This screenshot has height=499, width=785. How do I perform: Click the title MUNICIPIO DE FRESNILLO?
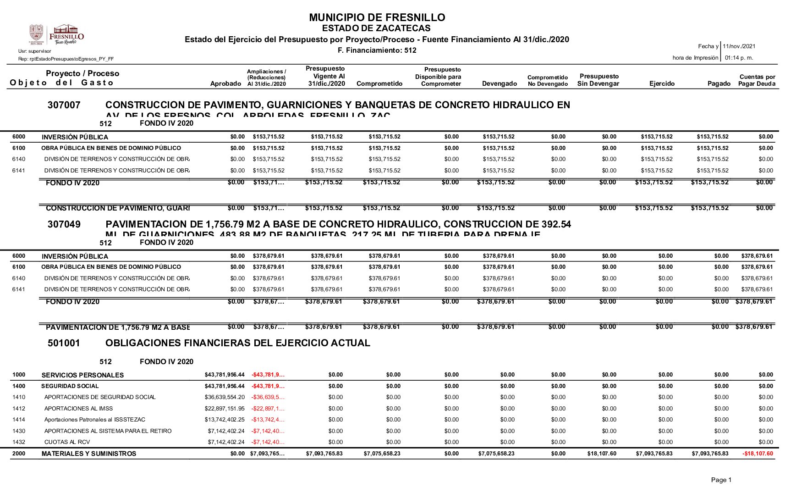377,17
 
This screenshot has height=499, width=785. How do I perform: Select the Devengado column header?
499,83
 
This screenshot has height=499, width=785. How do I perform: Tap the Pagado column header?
719,83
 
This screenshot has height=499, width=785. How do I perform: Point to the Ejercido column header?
662,83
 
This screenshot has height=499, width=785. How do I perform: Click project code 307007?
64,105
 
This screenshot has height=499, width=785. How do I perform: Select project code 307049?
64,224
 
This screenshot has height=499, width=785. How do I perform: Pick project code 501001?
64,343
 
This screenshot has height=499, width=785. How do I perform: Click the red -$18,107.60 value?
758,454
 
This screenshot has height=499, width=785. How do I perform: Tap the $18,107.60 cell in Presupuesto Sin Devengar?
602,454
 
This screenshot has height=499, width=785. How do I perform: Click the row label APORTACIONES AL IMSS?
78,409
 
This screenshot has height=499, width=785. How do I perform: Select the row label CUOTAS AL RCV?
67,442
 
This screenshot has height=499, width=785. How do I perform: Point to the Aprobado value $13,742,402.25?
225,420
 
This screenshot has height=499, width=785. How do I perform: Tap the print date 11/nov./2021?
739,46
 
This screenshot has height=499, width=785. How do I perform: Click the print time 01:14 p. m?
739,58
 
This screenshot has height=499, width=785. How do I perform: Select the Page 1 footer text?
721,480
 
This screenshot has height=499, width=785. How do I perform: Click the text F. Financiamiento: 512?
377,50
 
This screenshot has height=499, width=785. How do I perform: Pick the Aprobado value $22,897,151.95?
225,409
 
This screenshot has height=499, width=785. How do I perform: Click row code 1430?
19,431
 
